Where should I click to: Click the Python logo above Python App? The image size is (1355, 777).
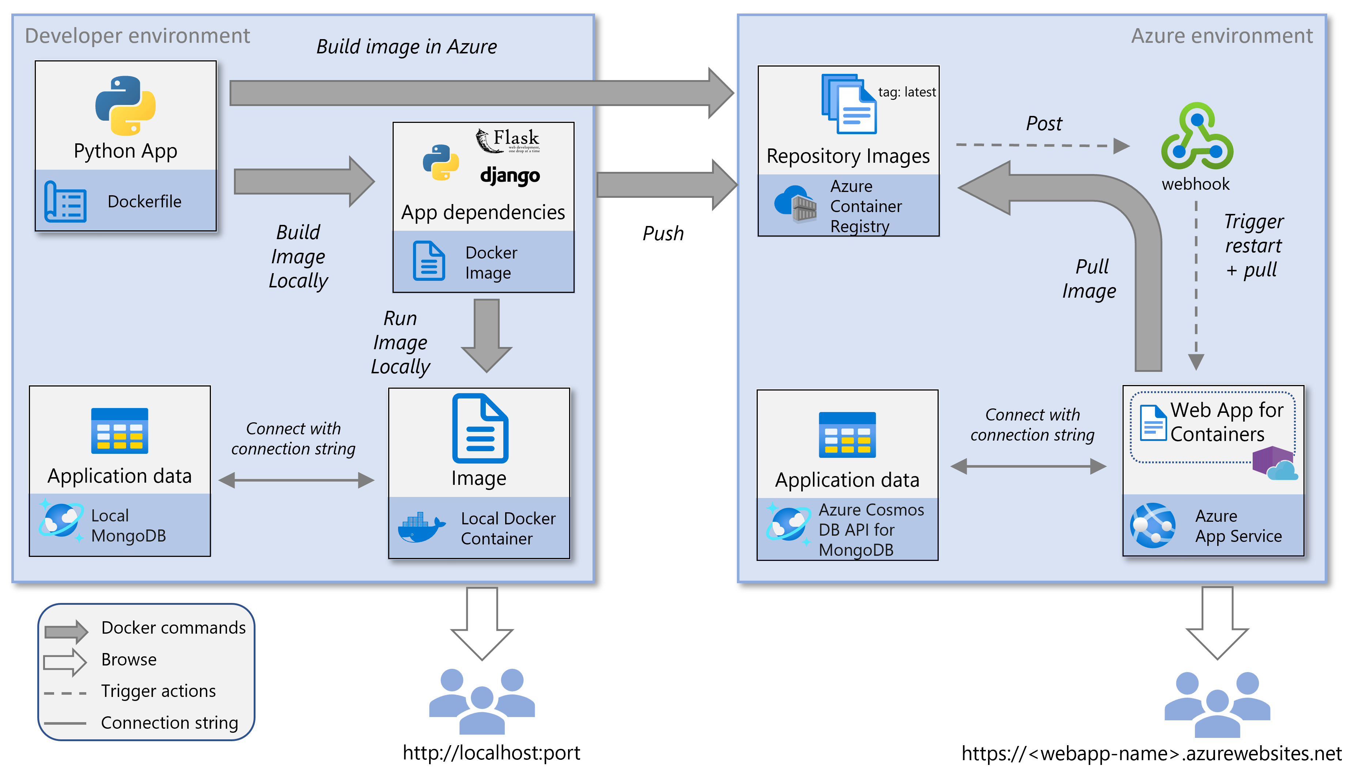coord(125,105)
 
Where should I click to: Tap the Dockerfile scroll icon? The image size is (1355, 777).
coord(65,202)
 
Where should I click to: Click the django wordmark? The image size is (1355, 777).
coord(510,176)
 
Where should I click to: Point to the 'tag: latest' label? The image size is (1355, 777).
coord(907,92)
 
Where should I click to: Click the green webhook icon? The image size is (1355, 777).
coord(1197,137)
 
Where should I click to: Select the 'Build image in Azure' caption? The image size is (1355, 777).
coord(406,47)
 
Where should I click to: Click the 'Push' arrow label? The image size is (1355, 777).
coord(663,233)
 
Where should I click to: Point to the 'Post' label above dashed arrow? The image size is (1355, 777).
coord(1044,124)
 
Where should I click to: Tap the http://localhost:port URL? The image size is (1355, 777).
coord(491,753)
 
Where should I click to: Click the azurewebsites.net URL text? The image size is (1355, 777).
coord(1151,753)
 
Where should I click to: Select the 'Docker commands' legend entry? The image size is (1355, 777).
coord(173,627)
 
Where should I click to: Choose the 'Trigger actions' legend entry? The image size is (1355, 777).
coord(158,691)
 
